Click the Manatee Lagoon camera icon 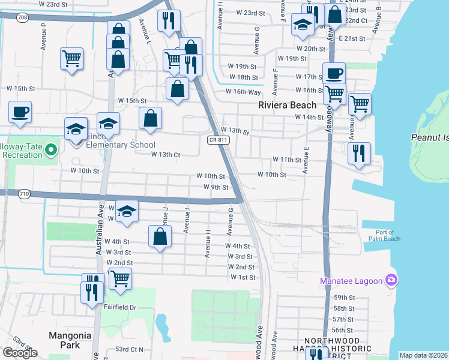click(x=391, y=280)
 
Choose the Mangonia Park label click(x=71, y=340)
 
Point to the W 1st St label click(x=243, y=277)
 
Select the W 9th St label click(x=216, y=187)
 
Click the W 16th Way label click(x=243, y=92)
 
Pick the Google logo click(x=20, y=353)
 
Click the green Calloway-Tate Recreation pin click(x=50, y=149)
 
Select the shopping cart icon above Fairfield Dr click(x=120, y=278)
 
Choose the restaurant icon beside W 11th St click(x=359, y=152)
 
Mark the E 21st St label click(x=352, y=38)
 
